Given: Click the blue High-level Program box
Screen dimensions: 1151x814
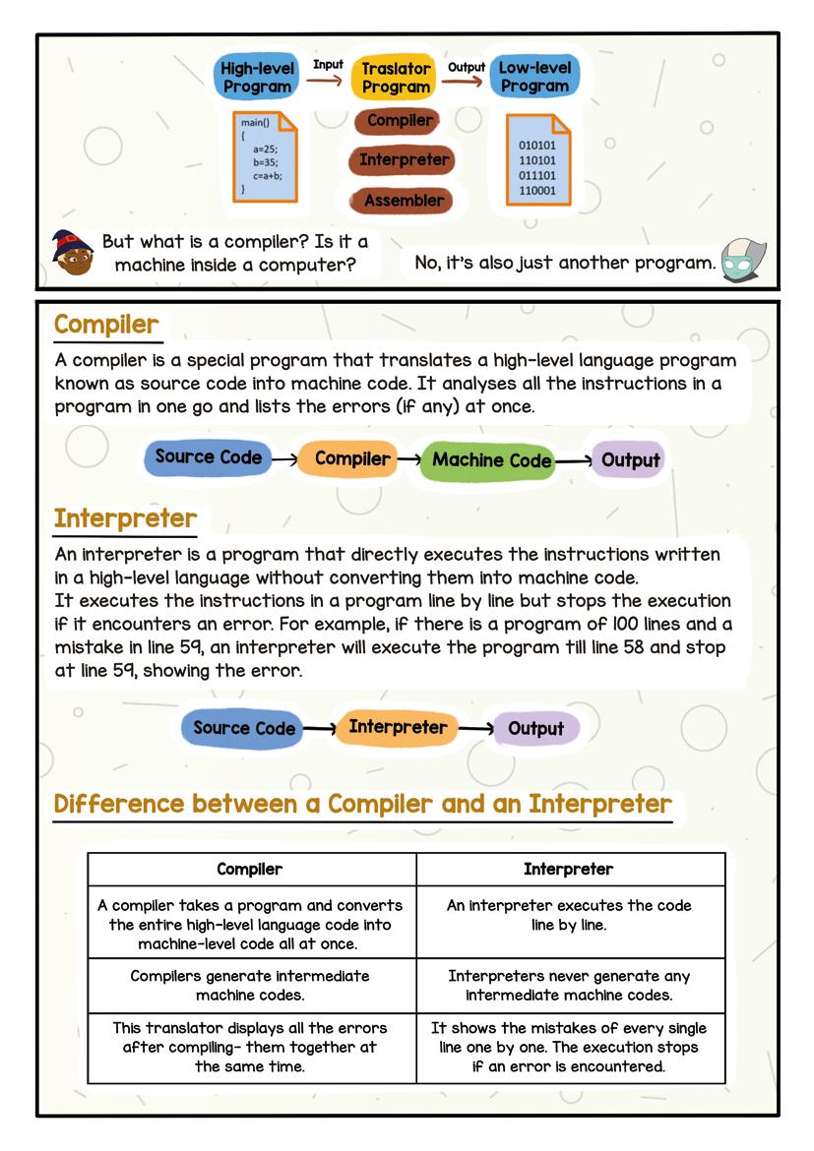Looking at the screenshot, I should pos(256,77).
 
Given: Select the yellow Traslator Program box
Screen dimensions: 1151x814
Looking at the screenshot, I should pos(396,78).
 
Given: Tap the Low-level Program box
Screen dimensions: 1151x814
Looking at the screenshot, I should pos(533,77).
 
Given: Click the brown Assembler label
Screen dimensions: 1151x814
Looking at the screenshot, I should pos(404,200).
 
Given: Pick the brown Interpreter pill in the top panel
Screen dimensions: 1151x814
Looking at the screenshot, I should pos(404,159).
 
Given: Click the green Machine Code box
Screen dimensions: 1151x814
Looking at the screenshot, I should pos(491,460).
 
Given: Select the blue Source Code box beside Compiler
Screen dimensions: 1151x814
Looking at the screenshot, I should pos(209,457).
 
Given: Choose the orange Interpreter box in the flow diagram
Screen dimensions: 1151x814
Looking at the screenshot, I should pos(398,728).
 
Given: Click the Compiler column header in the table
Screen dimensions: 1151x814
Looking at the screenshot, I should pos(250,869).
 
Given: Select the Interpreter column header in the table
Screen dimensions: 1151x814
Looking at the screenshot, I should pos(568,869).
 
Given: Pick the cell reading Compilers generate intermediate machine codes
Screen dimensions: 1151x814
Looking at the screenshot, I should pos(250,986).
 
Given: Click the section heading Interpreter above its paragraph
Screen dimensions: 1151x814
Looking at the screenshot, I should pos(125,518).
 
